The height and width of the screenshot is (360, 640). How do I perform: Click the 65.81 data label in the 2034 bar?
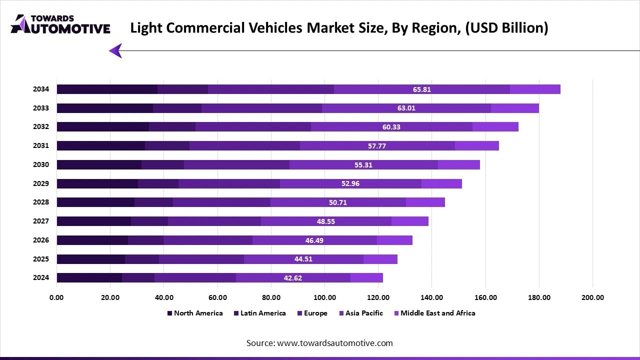421,89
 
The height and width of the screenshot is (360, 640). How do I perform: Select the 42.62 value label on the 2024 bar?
292,278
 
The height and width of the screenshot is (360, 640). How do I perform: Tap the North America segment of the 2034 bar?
107,89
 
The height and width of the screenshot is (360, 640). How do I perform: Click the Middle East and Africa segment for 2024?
366,278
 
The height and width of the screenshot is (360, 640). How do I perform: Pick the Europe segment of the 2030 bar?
236,165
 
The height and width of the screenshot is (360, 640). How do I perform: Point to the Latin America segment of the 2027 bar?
149,221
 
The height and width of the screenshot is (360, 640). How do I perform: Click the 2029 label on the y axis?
41,183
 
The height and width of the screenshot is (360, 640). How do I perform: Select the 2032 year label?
41,127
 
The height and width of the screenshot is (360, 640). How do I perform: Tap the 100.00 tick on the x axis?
324,297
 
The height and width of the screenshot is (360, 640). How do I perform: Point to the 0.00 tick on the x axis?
56,297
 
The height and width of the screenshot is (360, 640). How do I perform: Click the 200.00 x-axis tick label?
592,297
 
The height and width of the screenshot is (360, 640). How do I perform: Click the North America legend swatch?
169,313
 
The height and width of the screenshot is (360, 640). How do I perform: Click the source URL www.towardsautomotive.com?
334,343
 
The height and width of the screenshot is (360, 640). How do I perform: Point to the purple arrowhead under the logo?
116,50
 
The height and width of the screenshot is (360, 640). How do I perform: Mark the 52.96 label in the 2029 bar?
350,183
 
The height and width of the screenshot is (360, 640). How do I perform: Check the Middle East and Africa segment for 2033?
515,108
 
